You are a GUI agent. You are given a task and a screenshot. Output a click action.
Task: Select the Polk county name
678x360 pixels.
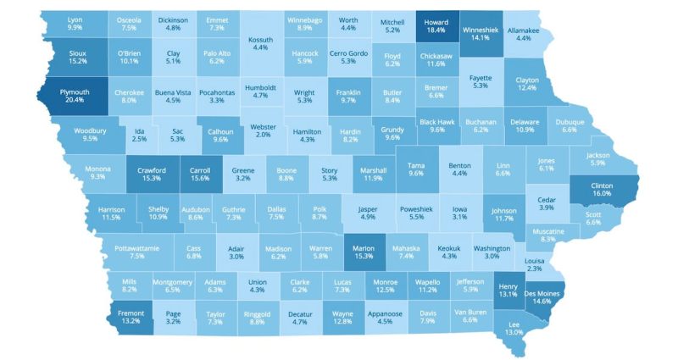319,208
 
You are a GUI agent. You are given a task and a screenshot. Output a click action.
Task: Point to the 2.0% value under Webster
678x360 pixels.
264,135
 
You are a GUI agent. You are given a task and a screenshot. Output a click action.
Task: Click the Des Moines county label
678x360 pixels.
543,293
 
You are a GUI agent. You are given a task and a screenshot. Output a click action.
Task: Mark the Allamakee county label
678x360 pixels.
523,30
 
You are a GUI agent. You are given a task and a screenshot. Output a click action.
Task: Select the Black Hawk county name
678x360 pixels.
437,121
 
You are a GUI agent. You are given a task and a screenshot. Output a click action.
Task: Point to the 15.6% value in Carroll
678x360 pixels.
202,180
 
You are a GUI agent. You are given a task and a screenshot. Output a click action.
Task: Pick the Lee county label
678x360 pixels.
514,324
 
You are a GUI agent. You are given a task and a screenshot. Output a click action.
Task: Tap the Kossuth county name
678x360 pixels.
260,39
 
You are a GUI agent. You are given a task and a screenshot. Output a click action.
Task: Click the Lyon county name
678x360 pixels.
75,19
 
